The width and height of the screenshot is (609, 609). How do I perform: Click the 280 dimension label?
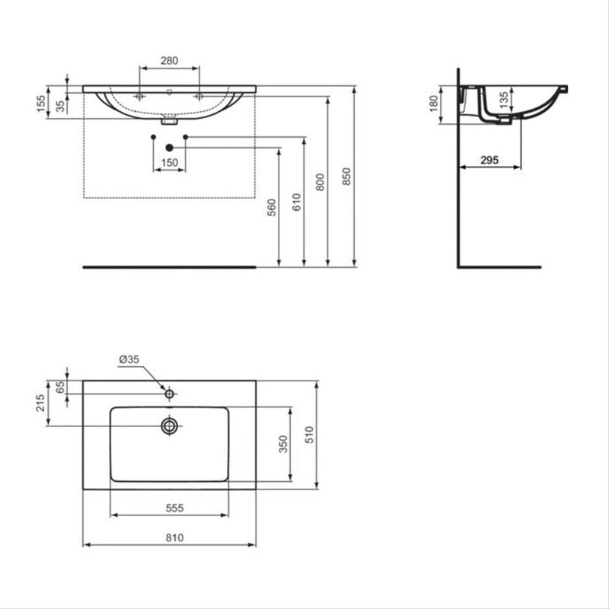point(169,60)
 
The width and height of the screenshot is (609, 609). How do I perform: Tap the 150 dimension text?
point(169,162)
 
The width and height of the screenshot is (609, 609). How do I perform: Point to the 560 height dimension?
point(272,207)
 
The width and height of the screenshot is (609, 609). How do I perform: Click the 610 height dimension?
point(296,202)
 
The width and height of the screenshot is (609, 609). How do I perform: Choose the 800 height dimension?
point(320,181)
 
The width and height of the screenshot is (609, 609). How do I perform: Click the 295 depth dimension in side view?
point(489,159)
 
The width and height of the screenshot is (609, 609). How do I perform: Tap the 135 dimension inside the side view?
point(502,100)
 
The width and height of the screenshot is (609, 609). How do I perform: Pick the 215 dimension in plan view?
point(41,403)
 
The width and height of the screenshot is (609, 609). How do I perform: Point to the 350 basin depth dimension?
point(281,444)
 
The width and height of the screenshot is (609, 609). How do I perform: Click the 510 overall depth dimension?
point(309,434)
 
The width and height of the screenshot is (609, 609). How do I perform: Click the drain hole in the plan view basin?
point(169,425)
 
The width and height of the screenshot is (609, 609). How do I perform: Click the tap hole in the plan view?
point(170,394)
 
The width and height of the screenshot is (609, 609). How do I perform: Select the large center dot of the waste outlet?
point(169,146)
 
